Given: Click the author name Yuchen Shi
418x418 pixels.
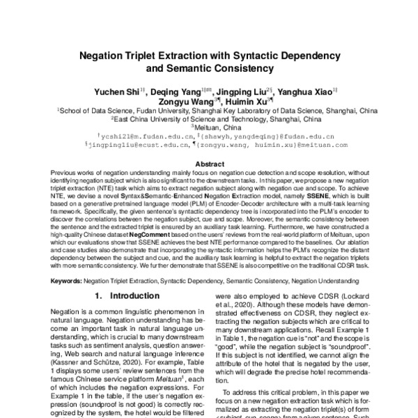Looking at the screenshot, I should point(115,91).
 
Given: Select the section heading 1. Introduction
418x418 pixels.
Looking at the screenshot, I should point(123,295).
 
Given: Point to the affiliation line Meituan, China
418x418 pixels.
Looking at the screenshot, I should point(210,127).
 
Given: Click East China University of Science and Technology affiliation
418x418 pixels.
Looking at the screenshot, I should point(210,119).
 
